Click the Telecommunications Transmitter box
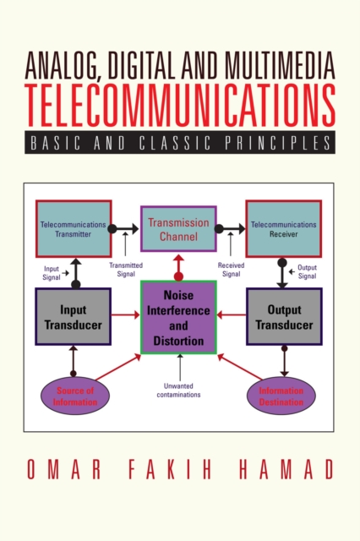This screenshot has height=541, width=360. point(74,227)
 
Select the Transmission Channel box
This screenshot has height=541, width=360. point(178,228)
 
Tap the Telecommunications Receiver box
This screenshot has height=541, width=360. point(283,227)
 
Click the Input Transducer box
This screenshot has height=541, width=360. point(73,316)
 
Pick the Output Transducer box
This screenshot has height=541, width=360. point(284,316)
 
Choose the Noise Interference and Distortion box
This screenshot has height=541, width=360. point(179,317)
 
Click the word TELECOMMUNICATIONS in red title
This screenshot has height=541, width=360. point(180,107)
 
